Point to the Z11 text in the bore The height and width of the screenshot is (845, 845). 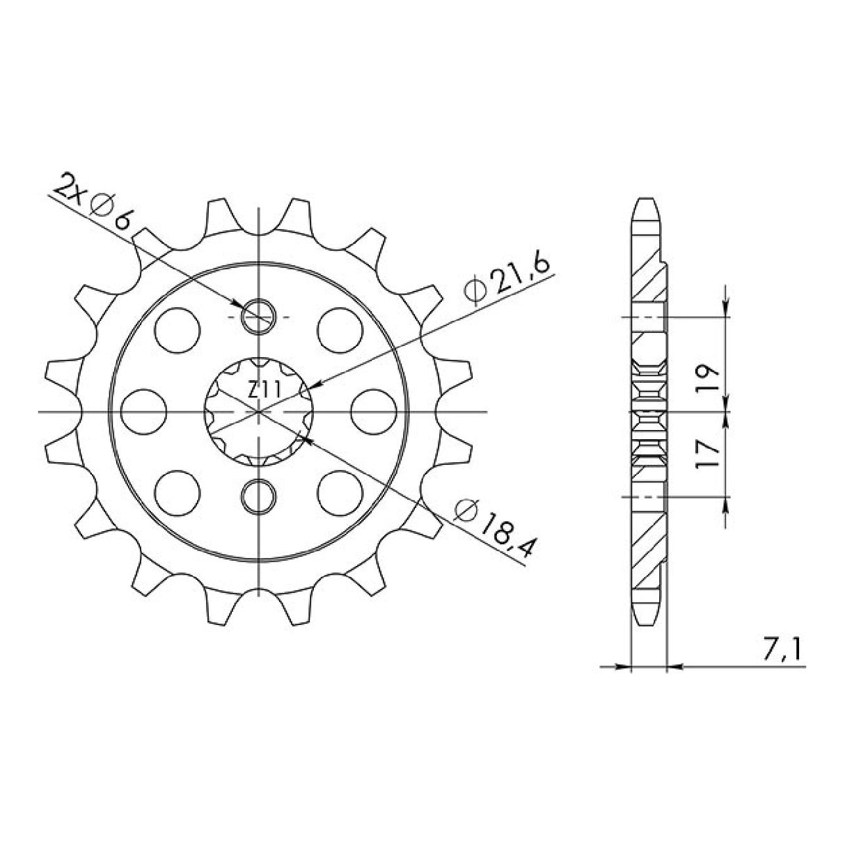(262, 390)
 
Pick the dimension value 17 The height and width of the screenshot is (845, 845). (710, 454)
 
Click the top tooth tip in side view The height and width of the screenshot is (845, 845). (647, 203)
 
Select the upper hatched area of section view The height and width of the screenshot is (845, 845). (649, 278)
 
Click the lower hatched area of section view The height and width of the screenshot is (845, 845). (649, 543)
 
